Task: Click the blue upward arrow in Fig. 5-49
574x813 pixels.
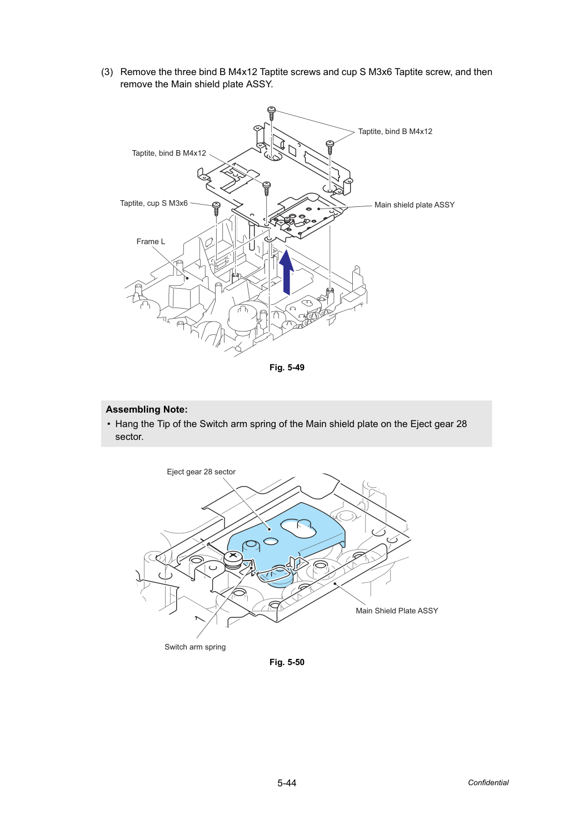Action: point(287,272)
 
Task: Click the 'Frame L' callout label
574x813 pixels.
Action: point(151,241)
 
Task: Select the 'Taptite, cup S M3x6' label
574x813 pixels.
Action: point(154,203)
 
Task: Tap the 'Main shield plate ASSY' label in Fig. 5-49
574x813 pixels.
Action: point(415,205)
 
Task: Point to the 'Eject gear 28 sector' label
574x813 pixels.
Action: point(201,472)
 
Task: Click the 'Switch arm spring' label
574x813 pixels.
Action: point(195,647)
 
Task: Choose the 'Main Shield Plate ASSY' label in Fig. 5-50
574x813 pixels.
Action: point(397,611)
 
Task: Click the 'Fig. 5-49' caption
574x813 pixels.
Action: point(287,368)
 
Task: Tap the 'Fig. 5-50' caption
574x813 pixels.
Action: point(287,662)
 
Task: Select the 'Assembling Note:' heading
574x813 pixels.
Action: point(147,409)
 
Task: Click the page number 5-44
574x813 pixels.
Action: point(287,783)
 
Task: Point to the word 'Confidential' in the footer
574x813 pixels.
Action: point(488,782)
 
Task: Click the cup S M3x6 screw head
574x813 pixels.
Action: point(216,205)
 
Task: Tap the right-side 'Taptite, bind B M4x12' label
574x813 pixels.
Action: point(395,131)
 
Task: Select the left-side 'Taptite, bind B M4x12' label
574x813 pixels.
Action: point(169,153)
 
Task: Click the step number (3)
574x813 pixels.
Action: point(107,72)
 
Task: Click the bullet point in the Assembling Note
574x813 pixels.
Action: point(108,424)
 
